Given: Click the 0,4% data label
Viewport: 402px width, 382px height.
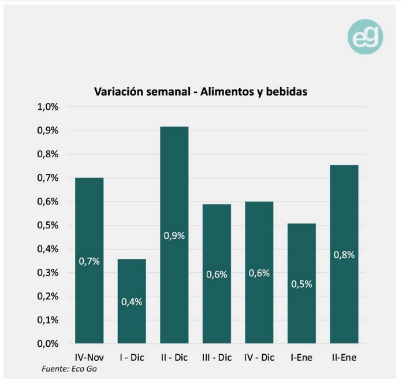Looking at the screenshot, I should [x=132, y=302].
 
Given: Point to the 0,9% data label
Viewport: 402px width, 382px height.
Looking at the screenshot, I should [x=174, y=236].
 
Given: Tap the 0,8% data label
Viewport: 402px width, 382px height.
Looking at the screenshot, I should [x=344, y=255].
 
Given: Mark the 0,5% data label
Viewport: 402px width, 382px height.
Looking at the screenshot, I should [x=301, y=284].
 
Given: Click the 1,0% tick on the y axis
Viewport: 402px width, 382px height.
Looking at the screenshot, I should [x=48, y=107].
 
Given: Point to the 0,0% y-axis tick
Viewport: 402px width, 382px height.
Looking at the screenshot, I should [x=48, y=343].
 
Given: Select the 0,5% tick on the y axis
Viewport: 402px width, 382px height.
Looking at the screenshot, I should [x=48, y=225].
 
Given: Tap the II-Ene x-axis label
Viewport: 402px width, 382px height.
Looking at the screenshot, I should [x=344, y=358].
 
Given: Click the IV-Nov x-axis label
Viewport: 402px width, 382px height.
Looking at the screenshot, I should [x=90, y=358].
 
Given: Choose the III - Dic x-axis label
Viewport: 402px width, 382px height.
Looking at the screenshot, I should [x=217, y=358].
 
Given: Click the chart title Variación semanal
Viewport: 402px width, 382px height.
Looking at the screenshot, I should [x=200, y=91].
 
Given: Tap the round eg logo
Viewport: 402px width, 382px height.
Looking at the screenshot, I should [x=365, y=38].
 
